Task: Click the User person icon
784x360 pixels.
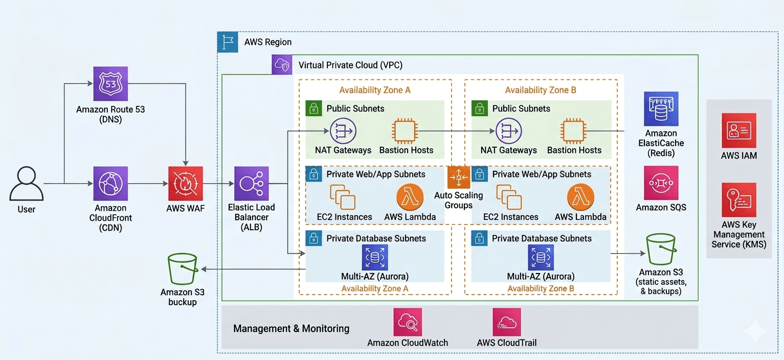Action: pyautogui.click(x=26, y=184)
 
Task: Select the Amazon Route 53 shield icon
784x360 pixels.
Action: pyautogui.click(x=110, y=84)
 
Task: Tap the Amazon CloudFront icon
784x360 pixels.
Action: pyautogui.click(x=110, y=184)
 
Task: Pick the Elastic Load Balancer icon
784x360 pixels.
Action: pyautogui.click(x=251, y=184)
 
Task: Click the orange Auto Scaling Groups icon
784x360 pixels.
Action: pyautogui.click(x=458, y=177)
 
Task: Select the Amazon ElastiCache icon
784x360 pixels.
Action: pyautogui.click(x=661, y=109)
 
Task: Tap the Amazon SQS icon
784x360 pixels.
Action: pyautogui.click(x=661, y=183)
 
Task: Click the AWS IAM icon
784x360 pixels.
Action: pyautogui.click(x=738, y=130)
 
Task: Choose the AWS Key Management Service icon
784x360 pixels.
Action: pyautogui.click(x=738, y=200)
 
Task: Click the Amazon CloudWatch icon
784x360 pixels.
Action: pyautogui.click(x=408, y=322)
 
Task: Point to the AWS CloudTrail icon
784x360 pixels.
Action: pyautogui.click(x=506, y=322)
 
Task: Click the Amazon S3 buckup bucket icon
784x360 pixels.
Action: pyautogui.click(x=183, y=269)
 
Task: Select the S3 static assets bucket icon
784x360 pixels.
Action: pyautogui.click(x=661, y=250)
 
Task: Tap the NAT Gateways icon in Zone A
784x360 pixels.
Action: pyautogui.click(x=343, y=130)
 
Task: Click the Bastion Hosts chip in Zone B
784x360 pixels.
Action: pyautogui.click(x=573, y=130)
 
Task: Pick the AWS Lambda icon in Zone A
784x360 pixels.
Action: pyautogui.click(x=410, y=197)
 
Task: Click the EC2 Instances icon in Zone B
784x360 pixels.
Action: pyautogui.click(x=509, y=197)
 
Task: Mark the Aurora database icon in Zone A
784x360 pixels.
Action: pyautogui.click(x=375, y=257)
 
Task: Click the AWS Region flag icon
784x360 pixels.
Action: pyautogui.click(x=228, y=42)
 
